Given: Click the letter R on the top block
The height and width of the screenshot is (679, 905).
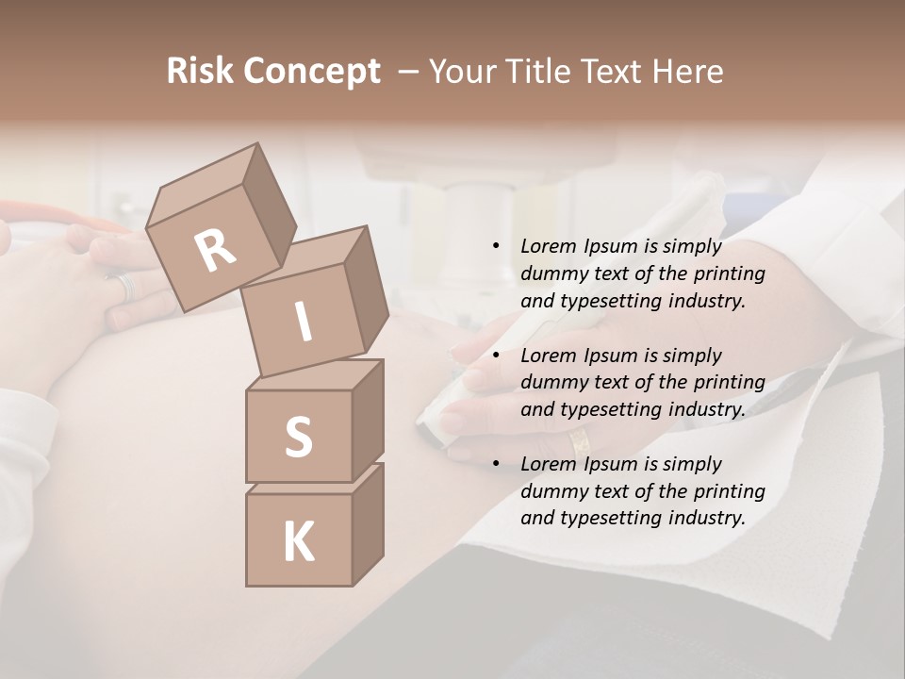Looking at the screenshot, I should [x=215, y=250].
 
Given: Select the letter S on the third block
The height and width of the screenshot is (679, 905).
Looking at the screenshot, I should [x=298, y=437].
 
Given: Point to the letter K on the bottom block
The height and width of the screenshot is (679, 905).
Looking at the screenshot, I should [x=298, y=542].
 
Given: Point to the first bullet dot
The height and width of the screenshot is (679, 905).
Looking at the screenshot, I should [x=496, y=247].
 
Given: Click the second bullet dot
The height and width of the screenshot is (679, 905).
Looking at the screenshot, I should [x=496, y=356].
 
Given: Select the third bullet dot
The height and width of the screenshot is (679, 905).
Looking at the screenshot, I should [x=496, y=465].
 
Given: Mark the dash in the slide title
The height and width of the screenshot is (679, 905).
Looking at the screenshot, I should [x=409, y=72].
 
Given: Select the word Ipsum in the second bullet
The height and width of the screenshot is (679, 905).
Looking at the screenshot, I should [x=614, y=356].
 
